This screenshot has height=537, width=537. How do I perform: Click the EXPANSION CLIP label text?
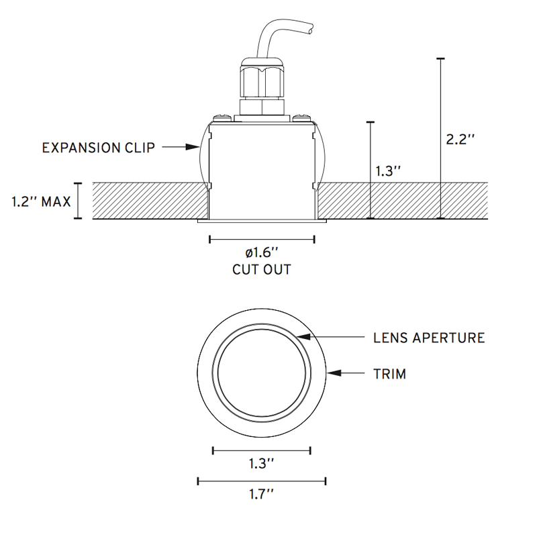tap(99, 147)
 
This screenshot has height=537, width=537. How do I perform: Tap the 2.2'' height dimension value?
tap(461, 140)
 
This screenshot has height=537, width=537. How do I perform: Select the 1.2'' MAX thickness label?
tap(42, 201)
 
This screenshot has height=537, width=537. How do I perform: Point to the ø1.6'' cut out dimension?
tap(262, 254)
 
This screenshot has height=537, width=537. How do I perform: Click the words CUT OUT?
tap(262, 270)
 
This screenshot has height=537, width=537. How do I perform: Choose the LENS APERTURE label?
tap(429, 338)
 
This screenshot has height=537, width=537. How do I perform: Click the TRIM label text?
tap(389, 374)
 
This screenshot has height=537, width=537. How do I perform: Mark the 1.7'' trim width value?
tap(262, 495)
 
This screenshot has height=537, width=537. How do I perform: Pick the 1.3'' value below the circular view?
tap(262, 464)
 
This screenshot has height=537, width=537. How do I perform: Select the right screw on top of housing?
tap(301, 119)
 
